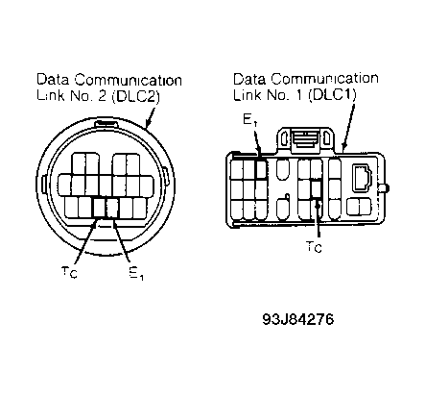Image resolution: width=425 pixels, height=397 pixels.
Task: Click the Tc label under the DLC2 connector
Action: click(69, 272)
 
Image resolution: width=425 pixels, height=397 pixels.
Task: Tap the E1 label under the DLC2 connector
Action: click(136, 273)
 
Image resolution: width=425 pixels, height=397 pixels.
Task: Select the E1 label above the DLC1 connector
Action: click(250, 120)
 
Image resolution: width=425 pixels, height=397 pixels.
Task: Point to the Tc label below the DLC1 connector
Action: click(314, 246)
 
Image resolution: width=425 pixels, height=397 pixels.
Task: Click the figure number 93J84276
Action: click(298, 319)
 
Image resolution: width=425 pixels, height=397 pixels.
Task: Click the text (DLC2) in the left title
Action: click(135, 96)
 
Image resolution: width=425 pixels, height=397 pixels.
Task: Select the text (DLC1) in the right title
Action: click(333, 95)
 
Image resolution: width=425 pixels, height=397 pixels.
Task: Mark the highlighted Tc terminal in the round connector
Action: click(99, 208)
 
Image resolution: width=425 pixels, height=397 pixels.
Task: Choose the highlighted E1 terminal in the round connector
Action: click(112, 208)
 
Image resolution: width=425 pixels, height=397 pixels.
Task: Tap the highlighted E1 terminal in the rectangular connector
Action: click(261, 169)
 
